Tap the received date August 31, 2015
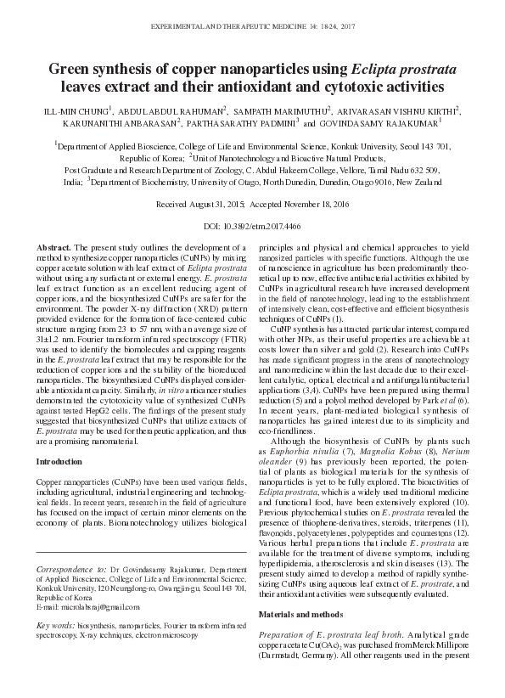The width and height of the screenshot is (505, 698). (220, 205)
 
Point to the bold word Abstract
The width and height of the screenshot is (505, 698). (53, 246)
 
